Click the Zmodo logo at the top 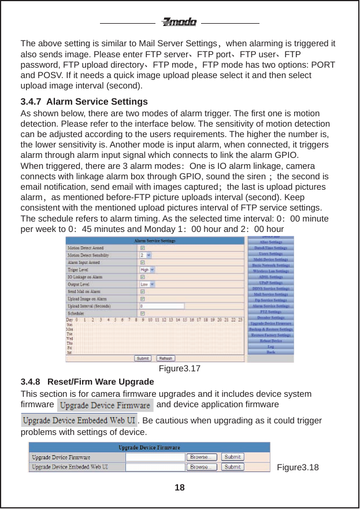pyautogui.click(x=179, y=23)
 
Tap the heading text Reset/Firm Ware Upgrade pyautogui.click(x=100, y=382)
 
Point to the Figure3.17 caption pyautogui.click(x=180, y=368)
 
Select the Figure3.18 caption pyautogui.click(x=298, y=467)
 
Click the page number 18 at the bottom pyautogui.click(x=180, y=488)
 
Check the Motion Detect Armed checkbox pyautogui.click(x=143, y=248)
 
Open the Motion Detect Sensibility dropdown pyautogui.click(x=145, y=254)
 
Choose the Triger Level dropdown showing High pyautogui.click(x=147, y=270)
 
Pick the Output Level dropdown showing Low pyautogui.click(x=147, y=285)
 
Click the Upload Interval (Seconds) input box pyautogui.click(x=162, y=306)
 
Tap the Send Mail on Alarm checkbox pyautogui.click(x=143, y=292)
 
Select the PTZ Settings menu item pyautogui.click(x=271, y=312)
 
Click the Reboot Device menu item pyautogui.click(x=271, y=341)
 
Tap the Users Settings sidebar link pyautogui.click(x=271, y=253)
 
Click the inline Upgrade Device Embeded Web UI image pyautogui.click(x=79, y=419)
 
